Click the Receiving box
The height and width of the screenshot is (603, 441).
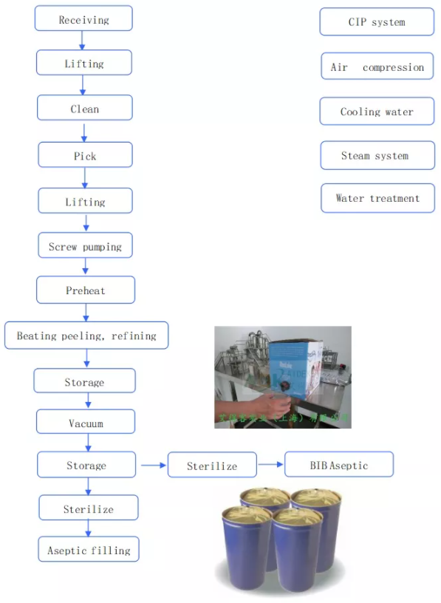pyautogui.click(x=83, y=19)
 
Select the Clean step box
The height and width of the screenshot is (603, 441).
pyautogui.click(x=84, y=109)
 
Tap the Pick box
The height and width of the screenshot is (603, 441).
pyautogui.click(x=85, y=155)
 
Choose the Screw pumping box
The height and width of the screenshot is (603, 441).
pyautogui.click(x=85, y=246)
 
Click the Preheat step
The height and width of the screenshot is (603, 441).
pyautogui.click(x=86, y=290)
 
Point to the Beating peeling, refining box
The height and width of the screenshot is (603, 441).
pyautogui.click(x=86, y=335)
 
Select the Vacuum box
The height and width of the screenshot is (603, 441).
pyautogui.click(x=86, y=423)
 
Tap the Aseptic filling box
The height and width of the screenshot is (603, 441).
pyautogui.click(x=89, y=550)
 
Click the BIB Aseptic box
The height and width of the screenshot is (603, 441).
pyautogui.click(x=338, y=465)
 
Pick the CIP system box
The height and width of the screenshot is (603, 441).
pyautogui.click(x=377, y=22)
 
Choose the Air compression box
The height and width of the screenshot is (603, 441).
pyautogui.click(x=377, y=67)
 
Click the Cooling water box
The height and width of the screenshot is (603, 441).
pyautogui.click(x=377, y=112)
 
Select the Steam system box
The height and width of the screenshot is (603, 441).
pyautogui.click(x=377, y=156)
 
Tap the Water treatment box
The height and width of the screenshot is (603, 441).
pyautogui.click(x=377, y=198)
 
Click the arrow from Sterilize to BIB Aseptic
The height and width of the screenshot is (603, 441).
pyautogui.click(x=270, y=466)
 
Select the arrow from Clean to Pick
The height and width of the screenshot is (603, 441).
pyautogui.click(x=84, y=132)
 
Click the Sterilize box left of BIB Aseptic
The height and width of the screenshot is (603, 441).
pyautogui.click(x=212, y=466)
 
